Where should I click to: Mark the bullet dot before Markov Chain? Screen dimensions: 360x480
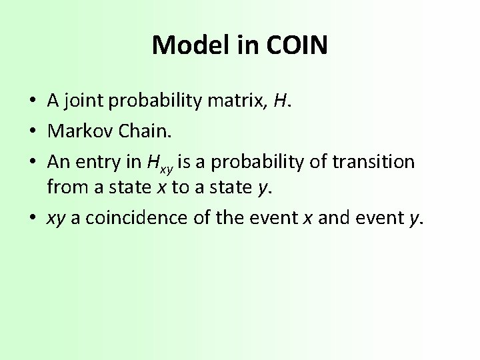pos(32,131)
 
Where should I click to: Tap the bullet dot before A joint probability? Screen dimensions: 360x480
pos(32,101)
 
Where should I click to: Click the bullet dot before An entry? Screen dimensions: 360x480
pos(32,162)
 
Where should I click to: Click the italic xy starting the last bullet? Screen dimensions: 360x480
pos(56,219)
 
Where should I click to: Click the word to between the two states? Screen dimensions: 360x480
pos(181,187)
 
